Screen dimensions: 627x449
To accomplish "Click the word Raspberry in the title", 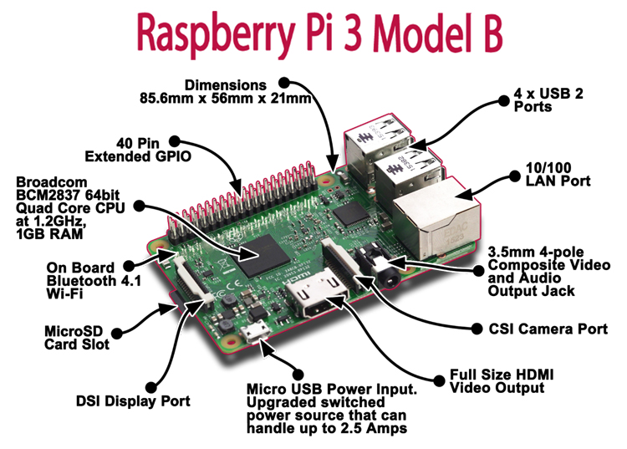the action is click(217, 35).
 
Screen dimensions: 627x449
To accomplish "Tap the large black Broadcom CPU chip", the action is click(263, 255).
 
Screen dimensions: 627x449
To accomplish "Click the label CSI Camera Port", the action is click(548, 329).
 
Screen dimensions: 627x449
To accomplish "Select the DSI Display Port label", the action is click(133, 401).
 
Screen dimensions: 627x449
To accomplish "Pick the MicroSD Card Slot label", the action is click(76, 338).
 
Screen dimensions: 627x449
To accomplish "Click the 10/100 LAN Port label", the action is click(558, 174).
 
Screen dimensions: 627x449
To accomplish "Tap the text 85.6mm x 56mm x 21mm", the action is click(226, 99).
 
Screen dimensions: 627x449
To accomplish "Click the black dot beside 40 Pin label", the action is click(175, 141).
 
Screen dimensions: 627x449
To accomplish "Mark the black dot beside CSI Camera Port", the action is click(477, 329).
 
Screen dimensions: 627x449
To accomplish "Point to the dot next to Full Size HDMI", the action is click(439, 380).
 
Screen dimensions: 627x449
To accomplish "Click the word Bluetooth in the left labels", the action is click(81, 281).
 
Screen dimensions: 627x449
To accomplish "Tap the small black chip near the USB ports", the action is click(351, 213).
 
